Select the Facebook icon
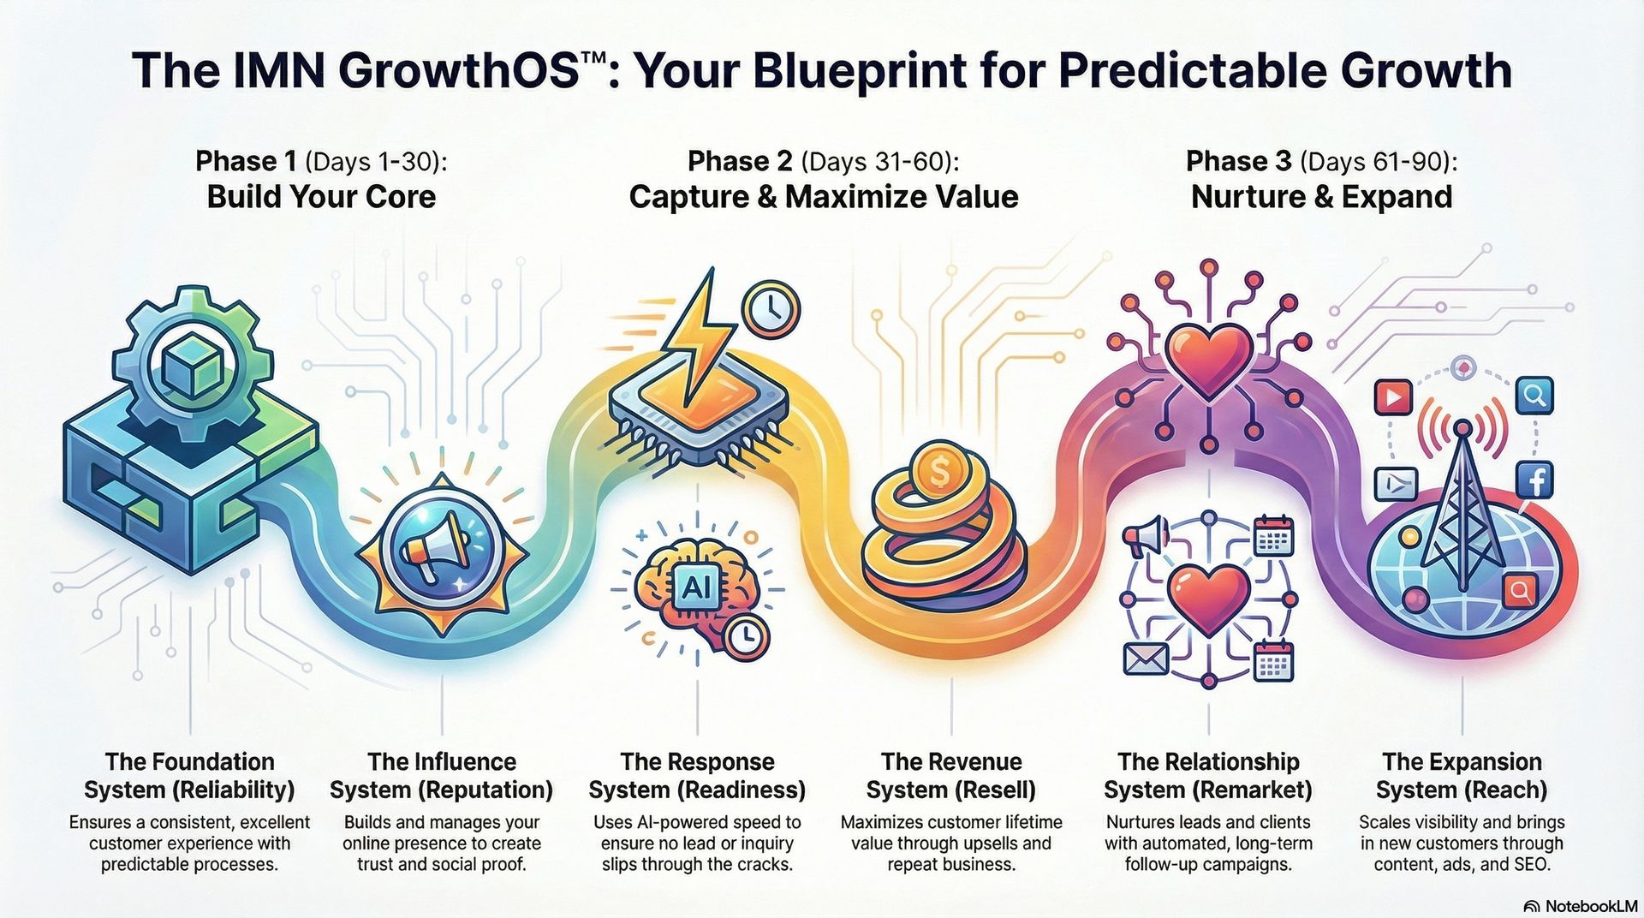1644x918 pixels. click(x=1535, y=480)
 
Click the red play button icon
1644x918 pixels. click(x=1393, y=397)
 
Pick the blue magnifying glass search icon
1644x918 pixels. click(x=1534, y=396)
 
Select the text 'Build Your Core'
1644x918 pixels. click(x=321, y=196)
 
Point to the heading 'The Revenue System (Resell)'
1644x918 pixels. click(x=951, y=775)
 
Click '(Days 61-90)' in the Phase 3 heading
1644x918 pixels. click(x=1378, y=161)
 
